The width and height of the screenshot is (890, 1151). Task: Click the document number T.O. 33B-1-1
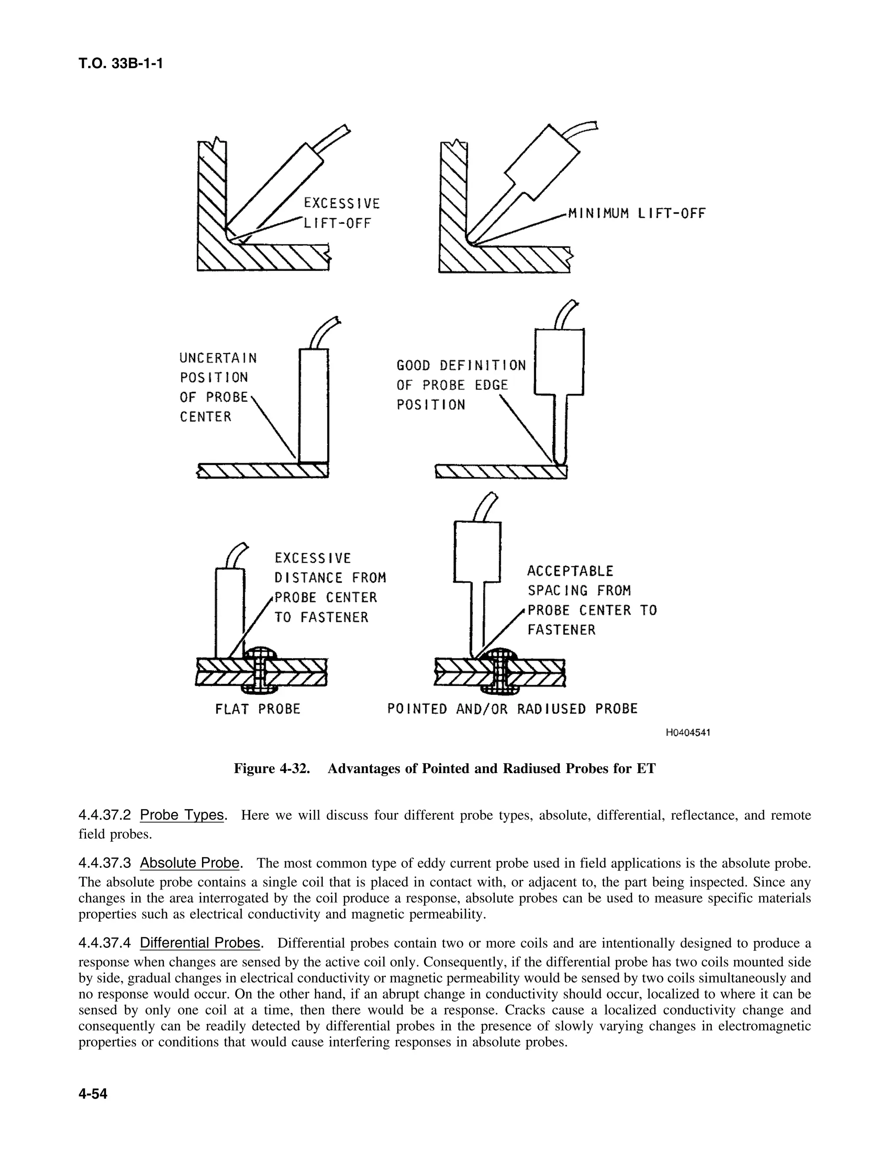tap(120, 64)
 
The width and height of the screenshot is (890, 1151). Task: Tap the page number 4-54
tap(93, 1094)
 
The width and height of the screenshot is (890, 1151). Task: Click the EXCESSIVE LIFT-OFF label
tap(341, 213)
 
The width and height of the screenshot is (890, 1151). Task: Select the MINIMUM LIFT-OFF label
tap(636, 213)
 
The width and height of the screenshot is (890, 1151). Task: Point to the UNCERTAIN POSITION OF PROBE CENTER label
tap(218, 387)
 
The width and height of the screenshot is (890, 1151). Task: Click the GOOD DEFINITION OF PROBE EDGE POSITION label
tap(461, 385)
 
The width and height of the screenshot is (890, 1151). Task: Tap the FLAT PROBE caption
tap(257, 709)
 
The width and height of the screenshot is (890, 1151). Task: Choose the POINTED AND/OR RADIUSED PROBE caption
tap(512, 709)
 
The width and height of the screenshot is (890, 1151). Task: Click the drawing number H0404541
tap(687, 733)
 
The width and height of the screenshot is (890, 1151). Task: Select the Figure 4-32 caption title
tap(445, 768)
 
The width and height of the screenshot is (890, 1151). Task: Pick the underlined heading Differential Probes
tap(200, 943)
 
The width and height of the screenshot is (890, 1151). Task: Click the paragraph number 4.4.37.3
tap(104, 863)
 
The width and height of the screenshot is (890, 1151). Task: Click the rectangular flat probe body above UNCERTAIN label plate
tap(314, 405)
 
